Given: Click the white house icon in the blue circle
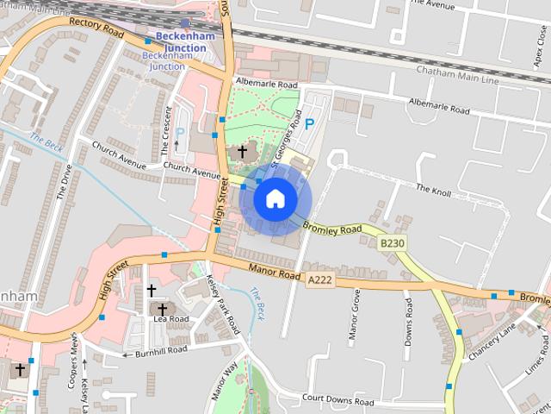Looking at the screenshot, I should pos(275,198).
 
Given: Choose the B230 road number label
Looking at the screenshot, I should pos(392,244).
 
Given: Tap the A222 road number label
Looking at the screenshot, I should pos(319,279).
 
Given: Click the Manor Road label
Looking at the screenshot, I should pos(274,272).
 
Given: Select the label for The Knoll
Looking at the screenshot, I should pos(433,188).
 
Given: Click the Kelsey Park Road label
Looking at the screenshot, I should pos(223,306).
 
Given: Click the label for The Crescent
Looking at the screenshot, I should pos(167,137).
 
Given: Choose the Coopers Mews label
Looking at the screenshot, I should pos(75,355).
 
